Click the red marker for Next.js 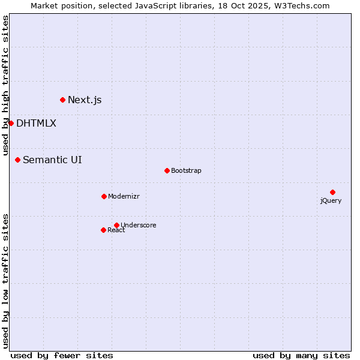tap(62, 100)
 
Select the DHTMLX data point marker tap(11, 123)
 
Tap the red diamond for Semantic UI tap(18, 160)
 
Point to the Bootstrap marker tap(167, 170)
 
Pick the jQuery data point tap(332, 192)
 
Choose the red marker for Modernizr tap(104, 196)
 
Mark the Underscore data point tap(116, 225)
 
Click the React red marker tap(103, 230)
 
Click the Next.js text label tap(85, 100)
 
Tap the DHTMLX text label tap(36, 123)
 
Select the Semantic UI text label tap(52, 160)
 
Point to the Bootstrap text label tap(186, 170)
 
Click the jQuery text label tap(331, 200)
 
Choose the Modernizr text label tap(124, 196)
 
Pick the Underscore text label tap(139, 225)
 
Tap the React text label tap(116, 230)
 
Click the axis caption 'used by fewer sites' tap(62, 355)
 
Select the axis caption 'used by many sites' tap(301, 355)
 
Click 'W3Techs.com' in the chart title tap(302, 6)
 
